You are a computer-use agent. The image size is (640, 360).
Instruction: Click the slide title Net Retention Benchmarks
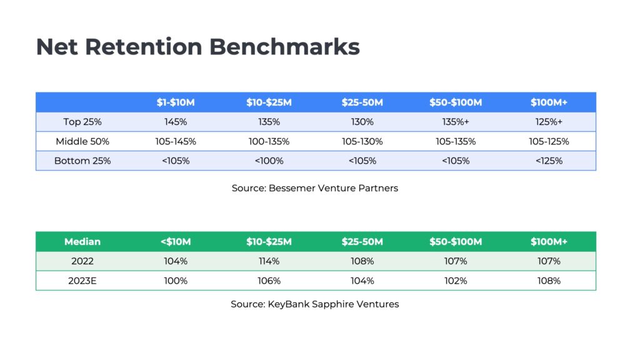[197, 47]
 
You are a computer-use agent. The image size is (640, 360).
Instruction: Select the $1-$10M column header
[176, 102]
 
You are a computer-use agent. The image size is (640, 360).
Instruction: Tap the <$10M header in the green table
[176, 242]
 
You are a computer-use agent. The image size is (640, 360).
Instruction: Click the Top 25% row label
[82, 122]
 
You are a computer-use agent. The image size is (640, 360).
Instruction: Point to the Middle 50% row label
[82, 141]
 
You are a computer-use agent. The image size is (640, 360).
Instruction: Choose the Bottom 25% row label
[82, 161]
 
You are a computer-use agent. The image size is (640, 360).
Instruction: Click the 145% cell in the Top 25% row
[176, 122]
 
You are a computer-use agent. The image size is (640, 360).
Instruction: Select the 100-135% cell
[269, 141]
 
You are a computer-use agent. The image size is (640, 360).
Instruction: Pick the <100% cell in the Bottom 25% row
[269, 161]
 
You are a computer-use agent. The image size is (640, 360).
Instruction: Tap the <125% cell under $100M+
[549, 161]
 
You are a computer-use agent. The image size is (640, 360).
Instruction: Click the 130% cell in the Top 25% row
[362, 122]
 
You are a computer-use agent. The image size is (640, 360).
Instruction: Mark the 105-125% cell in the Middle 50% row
[549, 141]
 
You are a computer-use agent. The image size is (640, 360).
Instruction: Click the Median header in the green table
[82, 242]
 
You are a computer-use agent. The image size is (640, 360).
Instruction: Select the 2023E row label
[82, 281]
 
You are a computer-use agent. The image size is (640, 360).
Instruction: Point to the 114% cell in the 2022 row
[269, 261]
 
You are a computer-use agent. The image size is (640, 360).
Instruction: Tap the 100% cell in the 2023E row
[176, 281]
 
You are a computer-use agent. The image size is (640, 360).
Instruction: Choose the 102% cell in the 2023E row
[456, 281]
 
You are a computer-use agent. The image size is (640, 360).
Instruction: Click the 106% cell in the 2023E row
[269, 281]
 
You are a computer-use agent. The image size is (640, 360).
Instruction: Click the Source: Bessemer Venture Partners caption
[315, 188]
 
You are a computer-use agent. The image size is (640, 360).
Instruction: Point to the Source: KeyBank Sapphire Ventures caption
[315, 304]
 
